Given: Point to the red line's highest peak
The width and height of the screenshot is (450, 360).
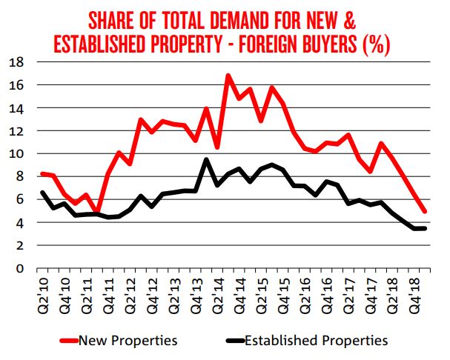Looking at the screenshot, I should coord(228,75).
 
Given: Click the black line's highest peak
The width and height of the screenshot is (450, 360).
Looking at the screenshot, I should coord(206,159).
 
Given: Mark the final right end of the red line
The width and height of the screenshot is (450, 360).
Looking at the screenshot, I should coord(425,211).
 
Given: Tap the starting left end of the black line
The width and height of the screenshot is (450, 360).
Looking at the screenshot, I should coord(42,193).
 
